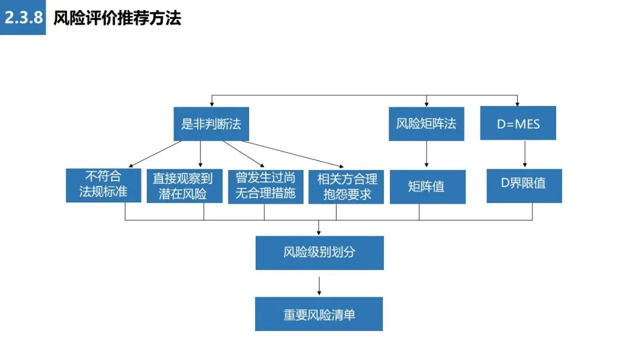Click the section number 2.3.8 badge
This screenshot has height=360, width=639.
point(23,17)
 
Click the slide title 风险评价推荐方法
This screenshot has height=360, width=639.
point(117,18)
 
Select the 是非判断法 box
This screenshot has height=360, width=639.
point(211,124)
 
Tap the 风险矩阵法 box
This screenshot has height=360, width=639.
point(426,124)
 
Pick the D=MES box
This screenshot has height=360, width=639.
point(518,123)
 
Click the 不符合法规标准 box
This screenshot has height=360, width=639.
point(104,185)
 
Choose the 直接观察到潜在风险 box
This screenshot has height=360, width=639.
point(185,186)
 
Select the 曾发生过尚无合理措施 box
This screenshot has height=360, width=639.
point(266,187)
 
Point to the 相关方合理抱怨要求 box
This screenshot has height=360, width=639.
point(346,187)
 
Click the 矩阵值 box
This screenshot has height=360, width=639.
point(428,187)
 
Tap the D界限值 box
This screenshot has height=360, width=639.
point(524,186)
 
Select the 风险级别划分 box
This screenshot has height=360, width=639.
point(319,253)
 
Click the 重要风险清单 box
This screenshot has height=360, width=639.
point(319,314)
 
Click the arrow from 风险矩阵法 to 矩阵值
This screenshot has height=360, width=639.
point(426,154)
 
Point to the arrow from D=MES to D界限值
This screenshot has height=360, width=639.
point(524,154)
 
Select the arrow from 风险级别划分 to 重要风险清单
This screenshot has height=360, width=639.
point(319,286)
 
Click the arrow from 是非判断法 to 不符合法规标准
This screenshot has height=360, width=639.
point(155,154)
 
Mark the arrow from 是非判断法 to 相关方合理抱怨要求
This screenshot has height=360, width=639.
point(293,154)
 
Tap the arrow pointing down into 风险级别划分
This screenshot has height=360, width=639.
point(319,227)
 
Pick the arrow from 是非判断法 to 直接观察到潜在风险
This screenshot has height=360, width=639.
point(200,154)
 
